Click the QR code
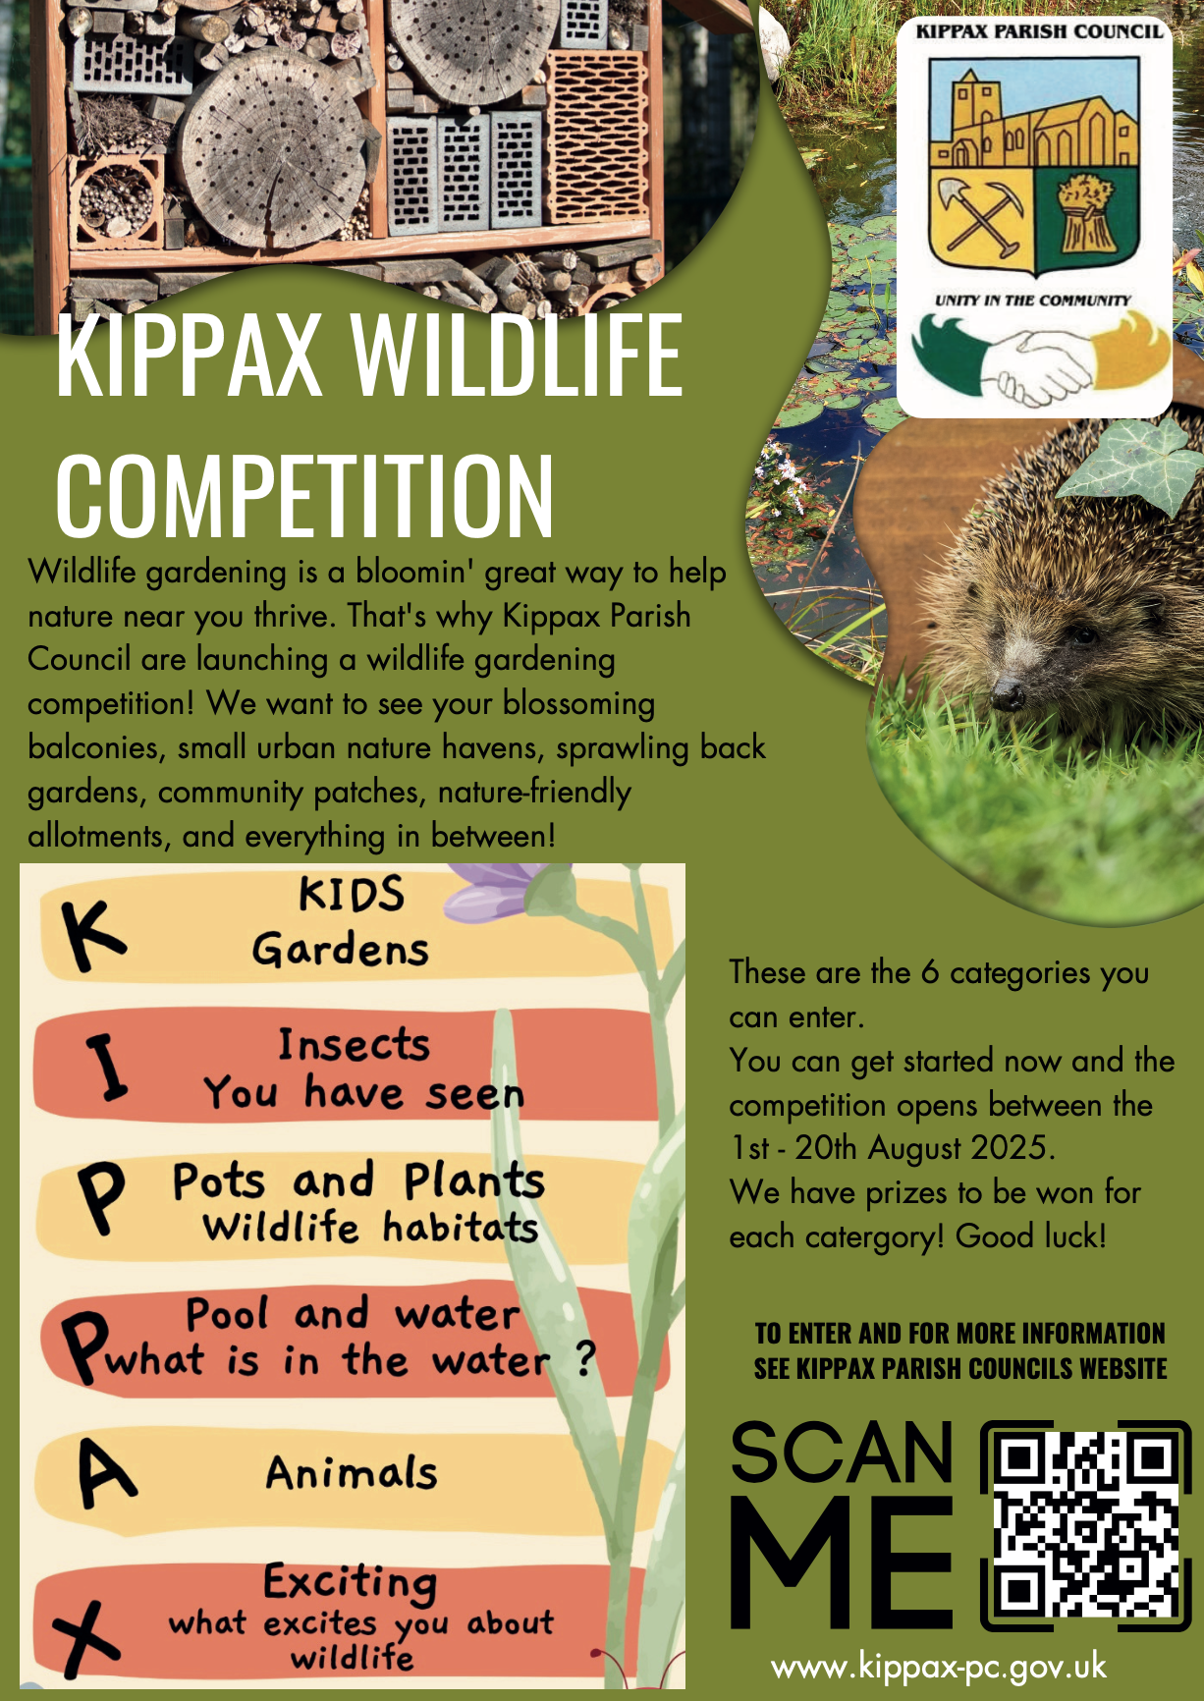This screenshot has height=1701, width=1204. (x=1086, y=1524)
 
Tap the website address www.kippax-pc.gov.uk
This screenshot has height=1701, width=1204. (x=939, y=1667)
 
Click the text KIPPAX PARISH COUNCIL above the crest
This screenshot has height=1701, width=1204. (x=1039, y=31)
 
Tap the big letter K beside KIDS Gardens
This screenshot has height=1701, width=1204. (x=92, y=934)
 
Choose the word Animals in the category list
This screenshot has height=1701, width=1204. (x=352, y=1473)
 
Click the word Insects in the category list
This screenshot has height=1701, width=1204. (x=354, y=1045)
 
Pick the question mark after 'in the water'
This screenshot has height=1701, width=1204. (x=585, y=1358)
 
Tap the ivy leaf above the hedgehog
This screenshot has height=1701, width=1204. (x=1129, y=462)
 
